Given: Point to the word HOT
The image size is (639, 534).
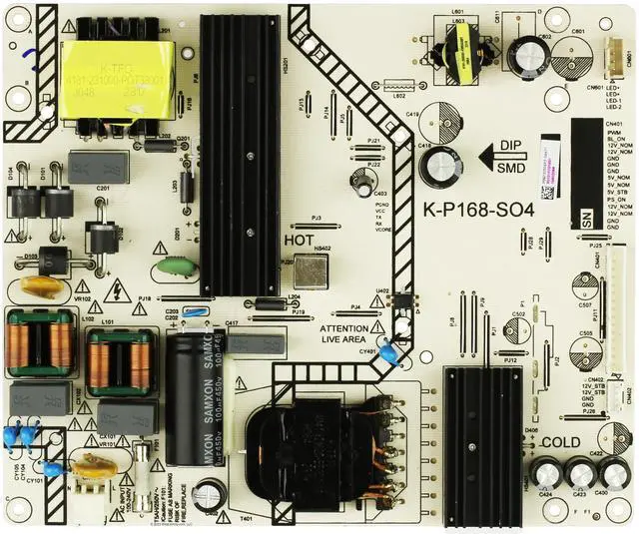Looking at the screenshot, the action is coord(299,241).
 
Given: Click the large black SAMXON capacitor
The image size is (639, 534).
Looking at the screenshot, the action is coord(191,399).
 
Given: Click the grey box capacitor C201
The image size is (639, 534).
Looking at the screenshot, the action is coord(99,166).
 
